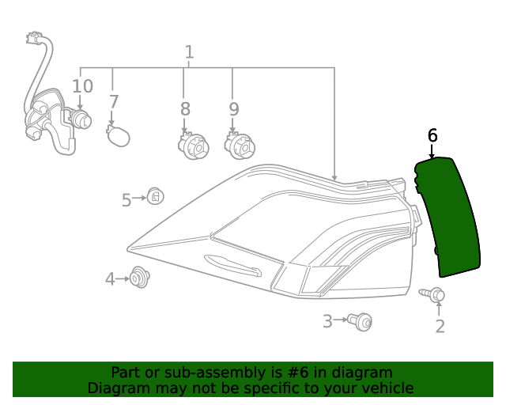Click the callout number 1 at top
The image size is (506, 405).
pos(189,53)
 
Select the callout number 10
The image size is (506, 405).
pos(82,86)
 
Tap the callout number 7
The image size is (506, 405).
pos(114,102)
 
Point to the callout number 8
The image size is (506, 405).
pos(185,108)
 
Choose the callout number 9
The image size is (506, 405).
pos(233,108)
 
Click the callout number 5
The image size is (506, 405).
pos(126,200)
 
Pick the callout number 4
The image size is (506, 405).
pos(111,278)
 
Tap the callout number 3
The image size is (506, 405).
pos(327,320)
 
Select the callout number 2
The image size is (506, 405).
pos(440,325)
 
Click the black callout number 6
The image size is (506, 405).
pos(432,135)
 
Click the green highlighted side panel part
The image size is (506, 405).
pos(447,218)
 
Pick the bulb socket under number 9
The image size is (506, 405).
pos(239,145)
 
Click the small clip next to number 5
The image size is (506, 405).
pos(155,196)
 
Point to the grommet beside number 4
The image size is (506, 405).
pos(141,278)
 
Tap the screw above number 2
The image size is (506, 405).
pos(434,294)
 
